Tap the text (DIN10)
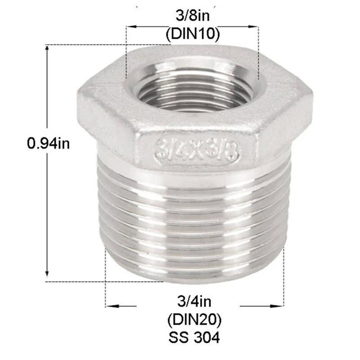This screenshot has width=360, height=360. pos(192,34)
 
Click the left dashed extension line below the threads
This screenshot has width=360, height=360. pos(106,278)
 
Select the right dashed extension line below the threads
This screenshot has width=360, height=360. pos(285,278)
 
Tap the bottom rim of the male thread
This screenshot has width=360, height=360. pos(195,276)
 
